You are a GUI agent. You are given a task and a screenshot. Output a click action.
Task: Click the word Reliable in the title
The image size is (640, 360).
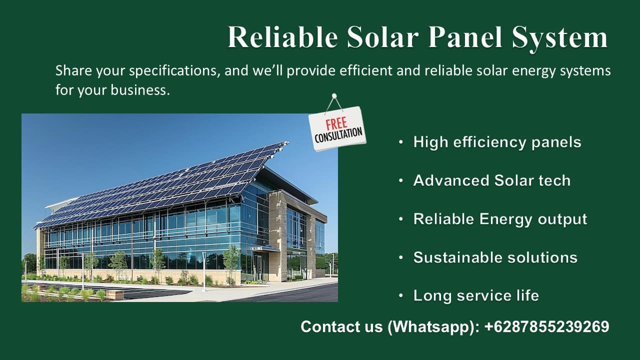point(282,37)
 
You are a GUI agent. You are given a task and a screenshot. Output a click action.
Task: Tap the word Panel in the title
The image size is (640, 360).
point(465,37)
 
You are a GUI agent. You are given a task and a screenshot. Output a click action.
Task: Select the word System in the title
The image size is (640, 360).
point(559,39)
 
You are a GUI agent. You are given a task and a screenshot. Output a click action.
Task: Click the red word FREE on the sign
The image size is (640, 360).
point(336,124)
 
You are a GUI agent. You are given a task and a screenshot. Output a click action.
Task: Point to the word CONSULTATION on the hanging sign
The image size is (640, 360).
point(338,135)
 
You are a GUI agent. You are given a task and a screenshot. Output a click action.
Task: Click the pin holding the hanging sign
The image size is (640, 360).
point(334,96)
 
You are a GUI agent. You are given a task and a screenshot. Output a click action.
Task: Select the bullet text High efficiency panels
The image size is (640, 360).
point(497,142)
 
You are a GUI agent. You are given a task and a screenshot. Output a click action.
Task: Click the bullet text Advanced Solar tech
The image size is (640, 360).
point(491,180)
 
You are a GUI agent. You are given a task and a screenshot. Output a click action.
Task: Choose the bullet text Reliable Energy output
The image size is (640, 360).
point(500,219)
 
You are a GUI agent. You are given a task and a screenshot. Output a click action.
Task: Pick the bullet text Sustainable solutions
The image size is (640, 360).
point(495,257)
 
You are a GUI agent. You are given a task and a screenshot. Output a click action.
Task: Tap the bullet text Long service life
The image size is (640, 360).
point(476,295)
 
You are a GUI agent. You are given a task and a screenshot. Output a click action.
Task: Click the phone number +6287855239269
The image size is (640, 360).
point(547,326)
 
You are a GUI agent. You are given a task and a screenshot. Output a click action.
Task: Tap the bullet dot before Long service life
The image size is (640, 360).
point(401,296)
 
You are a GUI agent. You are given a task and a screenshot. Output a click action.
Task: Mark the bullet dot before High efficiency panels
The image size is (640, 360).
point(401,142)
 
